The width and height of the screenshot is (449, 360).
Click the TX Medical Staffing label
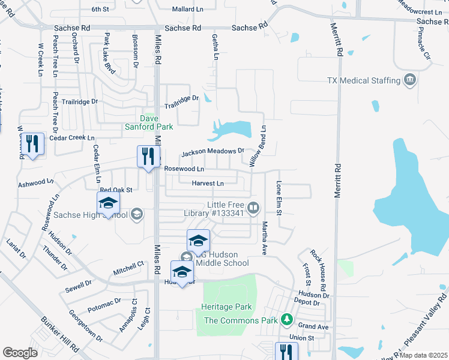[x=364, y=80]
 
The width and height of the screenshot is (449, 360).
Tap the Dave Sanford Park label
[x=148, y=122]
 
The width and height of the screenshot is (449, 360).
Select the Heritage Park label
[x=226, y=307]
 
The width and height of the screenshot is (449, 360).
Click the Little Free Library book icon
[x=254, y=208]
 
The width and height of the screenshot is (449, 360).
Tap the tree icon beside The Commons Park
[x=288, y=319]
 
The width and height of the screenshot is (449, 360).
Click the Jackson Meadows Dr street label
[x=212, y=152]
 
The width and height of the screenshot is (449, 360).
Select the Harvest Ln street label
[x=208, y=183]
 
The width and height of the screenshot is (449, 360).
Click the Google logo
[x=20, y=353]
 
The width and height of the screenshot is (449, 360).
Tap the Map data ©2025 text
[x=424, y=355]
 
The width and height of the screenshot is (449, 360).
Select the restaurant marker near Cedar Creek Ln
[x=34, y=145]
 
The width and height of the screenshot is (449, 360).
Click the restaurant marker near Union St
[x=286, y=352]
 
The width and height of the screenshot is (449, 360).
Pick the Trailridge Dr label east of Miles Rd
[x=182, y=103]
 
